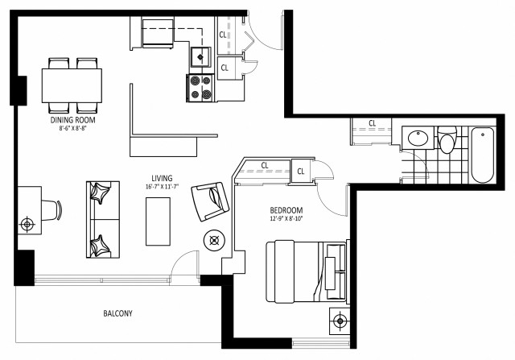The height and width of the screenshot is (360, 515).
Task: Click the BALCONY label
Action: point(117,313)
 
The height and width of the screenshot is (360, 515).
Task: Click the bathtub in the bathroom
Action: point(484,155)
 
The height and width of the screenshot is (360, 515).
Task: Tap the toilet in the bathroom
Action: point(448,141)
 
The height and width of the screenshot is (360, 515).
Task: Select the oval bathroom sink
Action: point(418,139)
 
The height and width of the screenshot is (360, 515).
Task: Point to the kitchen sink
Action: point(200,57)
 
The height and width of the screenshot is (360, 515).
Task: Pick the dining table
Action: point(72,85)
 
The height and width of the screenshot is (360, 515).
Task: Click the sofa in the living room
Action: point(102,219)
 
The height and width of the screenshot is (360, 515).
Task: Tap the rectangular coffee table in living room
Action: point(158,221)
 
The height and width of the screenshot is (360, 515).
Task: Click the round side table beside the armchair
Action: point(215,239)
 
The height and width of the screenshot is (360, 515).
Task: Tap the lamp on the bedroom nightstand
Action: point(340,320)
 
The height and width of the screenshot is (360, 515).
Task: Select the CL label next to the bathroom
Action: point(373,123)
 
